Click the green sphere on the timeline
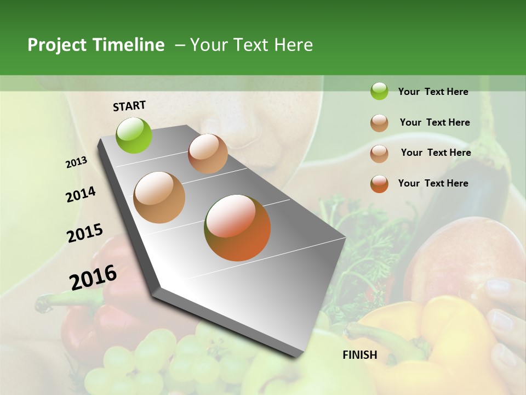point(134,135)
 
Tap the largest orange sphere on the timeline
point(237,228)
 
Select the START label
point(129,106)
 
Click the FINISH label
point(359,355)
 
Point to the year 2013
point(76,162)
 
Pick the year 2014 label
point(81,194)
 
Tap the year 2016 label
point(93,278)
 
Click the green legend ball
point(379,91)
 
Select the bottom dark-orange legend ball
point(379,184)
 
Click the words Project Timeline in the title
point(96,45)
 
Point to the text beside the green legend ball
point(433,92)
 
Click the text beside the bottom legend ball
point(433,183)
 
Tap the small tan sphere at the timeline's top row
point(208,154)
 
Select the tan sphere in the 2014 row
point(159,198)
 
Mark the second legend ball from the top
point(379,123)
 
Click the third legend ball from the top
point(379,153)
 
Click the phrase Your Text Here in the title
point(251,45)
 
